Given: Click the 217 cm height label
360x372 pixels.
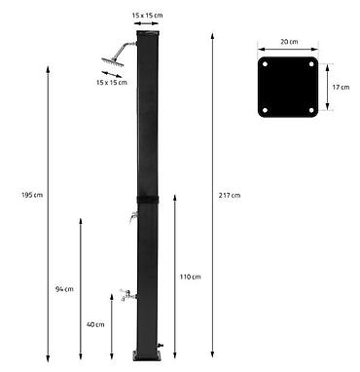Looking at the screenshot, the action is (230, 195).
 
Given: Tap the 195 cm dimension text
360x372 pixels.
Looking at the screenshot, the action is (32, 195).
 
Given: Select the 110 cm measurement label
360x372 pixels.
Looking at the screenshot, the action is (191, 277).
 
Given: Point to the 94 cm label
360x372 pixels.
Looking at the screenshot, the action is (64, 289).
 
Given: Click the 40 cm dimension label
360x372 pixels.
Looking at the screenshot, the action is (95, 324).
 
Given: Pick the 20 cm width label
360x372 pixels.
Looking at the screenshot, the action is (289, 42).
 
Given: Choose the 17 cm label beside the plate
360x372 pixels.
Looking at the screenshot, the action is (341, 87).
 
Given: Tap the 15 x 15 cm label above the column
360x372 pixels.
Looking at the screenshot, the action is (147, 15).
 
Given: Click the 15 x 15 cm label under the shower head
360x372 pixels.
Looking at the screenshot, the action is (112, 82).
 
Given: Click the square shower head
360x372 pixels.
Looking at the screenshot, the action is (113, 62).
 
